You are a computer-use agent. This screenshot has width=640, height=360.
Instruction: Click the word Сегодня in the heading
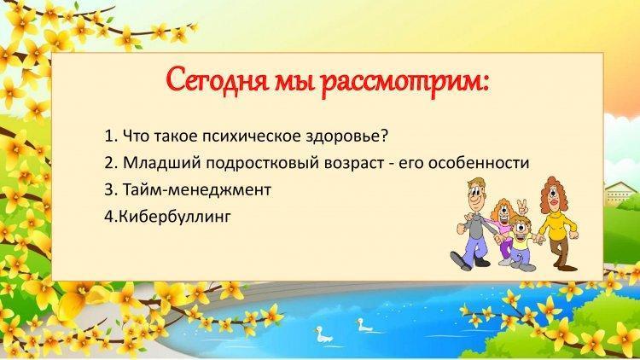click(217, 79)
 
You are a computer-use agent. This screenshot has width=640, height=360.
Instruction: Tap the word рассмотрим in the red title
click(404, 83)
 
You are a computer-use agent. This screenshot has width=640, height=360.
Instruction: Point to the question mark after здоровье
click(383, 135)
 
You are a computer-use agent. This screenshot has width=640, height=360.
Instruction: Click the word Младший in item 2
click(161, 163)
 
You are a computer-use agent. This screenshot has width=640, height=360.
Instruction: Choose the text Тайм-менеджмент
click(196, 189)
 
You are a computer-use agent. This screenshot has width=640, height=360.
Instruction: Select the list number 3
click(108, 189)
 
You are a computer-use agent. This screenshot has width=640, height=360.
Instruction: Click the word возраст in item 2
click(354, 164)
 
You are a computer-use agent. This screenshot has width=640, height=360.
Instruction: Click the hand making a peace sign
click(522, 206)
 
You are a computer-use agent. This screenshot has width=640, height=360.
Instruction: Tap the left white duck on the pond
click(323, 334)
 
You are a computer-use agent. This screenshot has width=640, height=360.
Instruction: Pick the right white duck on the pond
click(364, 325)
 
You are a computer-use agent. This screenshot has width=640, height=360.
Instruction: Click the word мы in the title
click(293, 83)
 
